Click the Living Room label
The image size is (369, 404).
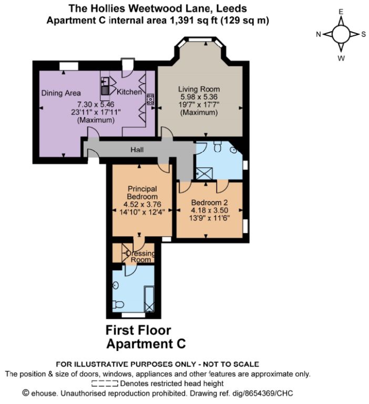click(x=199, y=89)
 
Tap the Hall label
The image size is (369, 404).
click(x=137, y=150)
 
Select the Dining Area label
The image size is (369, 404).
click(x=61, y=93)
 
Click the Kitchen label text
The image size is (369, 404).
click(x=129, y=92)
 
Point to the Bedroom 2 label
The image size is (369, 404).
click(x=209, y=203)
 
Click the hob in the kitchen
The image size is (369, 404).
click(x=150, y=99)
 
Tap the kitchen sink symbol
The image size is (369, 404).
click(x=105, y=86)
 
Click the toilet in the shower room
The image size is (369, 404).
click(x=218, y=146)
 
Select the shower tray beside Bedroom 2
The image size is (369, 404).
click(x=204, y=173)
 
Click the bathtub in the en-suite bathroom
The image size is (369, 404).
click(x=149, y=299)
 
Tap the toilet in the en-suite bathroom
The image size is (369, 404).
click(x=118, y=305)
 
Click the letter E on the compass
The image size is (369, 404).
click(x=341, y=12)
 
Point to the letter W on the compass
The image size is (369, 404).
click(x=341, y=58)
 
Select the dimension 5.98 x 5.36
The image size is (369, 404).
click(x=199, y=97)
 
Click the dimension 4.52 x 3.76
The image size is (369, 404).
click(x=142, y=204)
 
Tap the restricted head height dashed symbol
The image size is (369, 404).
click(x=105, y=383)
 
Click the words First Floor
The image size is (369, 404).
click(x=138, y=330)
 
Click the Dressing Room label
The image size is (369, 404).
click(x=140, y=256)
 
